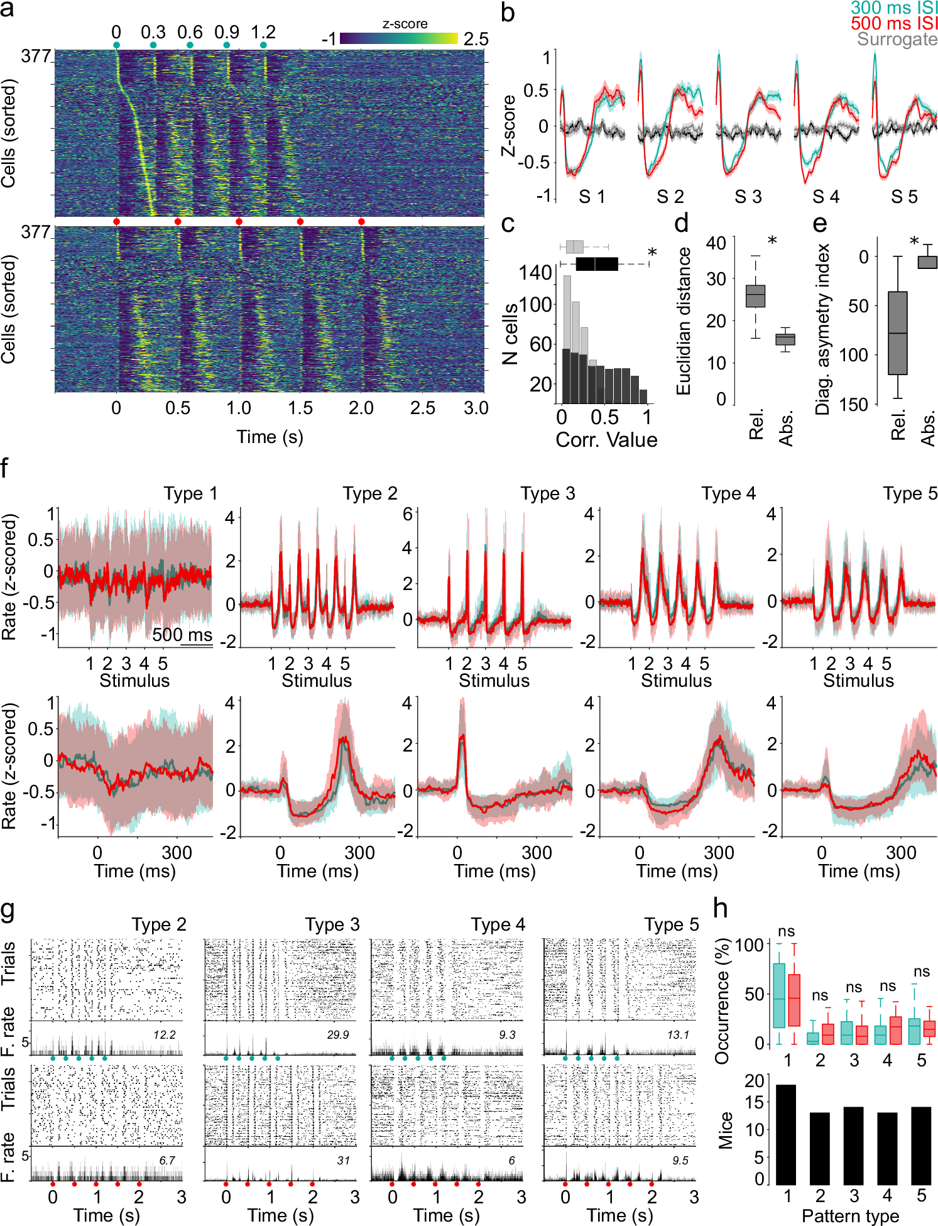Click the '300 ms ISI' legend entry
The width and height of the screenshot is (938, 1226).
coord(893,8)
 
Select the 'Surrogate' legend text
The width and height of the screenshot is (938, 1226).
coord(897,39)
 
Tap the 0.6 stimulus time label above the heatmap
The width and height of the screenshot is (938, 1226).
coord(190,33)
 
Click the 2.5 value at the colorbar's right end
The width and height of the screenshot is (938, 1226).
coord(476,39)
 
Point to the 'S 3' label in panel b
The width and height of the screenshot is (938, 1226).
coord(748,197)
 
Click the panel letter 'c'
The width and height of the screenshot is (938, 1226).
coord(508,224)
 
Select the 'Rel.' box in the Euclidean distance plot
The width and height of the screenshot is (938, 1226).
coord(755,295)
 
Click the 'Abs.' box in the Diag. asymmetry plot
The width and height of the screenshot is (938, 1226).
coord(927,262)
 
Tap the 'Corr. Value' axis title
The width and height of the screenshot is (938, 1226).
coord(606,440)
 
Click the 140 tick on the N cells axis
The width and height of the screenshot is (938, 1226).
coord(535,273)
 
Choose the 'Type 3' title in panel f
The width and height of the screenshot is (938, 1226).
coord(547,494)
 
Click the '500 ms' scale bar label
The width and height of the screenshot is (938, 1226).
coord(182,635)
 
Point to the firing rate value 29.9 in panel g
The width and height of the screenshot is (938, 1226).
coord(338,1034)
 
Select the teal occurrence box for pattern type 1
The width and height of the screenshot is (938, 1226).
coord(778,995)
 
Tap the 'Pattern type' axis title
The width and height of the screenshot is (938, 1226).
coord(850,1215)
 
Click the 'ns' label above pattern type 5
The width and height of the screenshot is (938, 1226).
coord(921,954)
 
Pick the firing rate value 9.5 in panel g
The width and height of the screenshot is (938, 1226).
coord(680,1160)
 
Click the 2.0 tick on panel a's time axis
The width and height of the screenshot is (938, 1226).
coord(361,408)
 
